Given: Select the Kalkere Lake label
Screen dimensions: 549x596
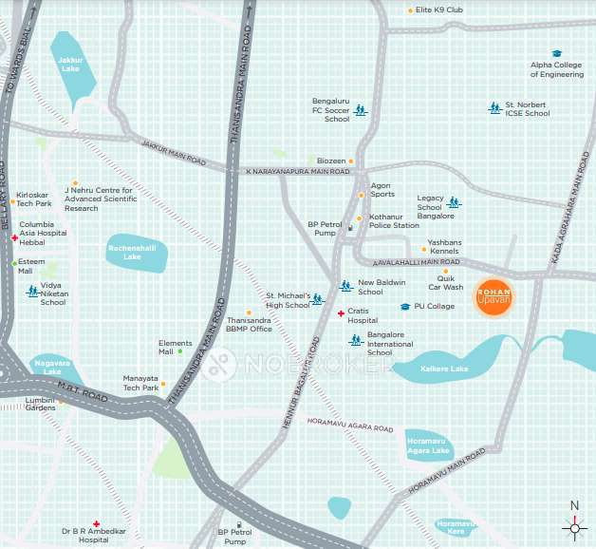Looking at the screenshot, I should coord(447,367).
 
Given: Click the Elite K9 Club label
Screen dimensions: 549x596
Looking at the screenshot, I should coord(438,10).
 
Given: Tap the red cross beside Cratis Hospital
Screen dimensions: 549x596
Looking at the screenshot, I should coord(341,314).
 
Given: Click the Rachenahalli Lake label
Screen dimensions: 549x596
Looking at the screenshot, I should coord(125,253).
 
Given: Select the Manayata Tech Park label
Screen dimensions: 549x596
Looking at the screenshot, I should coord(140,383).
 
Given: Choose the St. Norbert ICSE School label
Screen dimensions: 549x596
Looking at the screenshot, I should coord(527,108).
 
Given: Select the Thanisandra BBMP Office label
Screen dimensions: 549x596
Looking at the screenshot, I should coord(249,325).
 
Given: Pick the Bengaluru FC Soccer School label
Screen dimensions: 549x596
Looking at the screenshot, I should coord(331,109).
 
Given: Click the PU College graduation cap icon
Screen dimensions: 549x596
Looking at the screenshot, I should coord(405,307).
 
